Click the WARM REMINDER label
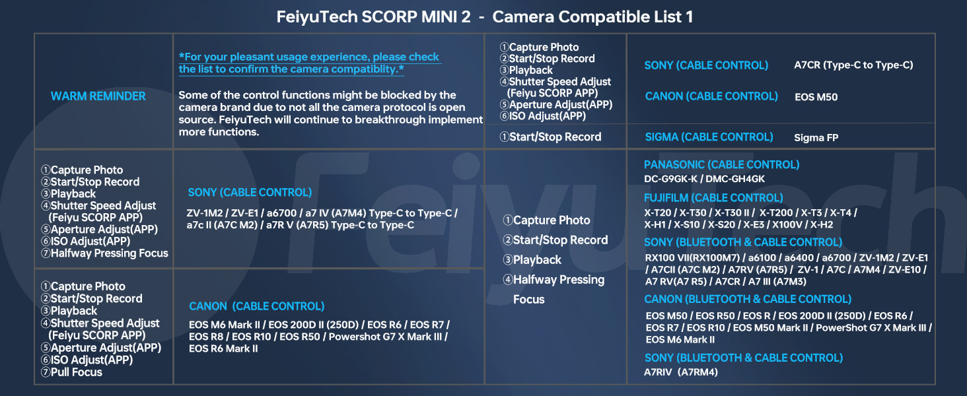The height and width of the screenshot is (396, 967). [x=98, y=96]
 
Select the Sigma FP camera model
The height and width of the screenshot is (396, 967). [x=816, y=138]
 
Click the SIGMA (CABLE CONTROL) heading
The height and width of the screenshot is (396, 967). [x=709, y=137]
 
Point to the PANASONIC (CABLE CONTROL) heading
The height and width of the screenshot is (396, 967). [x=721, y=165]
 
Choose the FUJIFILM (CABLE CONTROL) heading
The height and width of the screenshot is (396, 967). [x=713, y=198]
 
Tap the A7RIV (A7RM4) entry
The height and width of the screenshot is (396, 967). [x=680, y=372]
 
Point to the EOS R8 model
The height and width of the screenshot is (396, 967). [x=203, y=337]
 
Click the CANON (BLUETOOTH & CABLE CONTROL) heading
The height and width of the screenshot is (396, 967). [x=748, y=300]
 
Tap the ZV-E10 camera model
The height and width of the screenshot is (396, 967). [x=907, y=270]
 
